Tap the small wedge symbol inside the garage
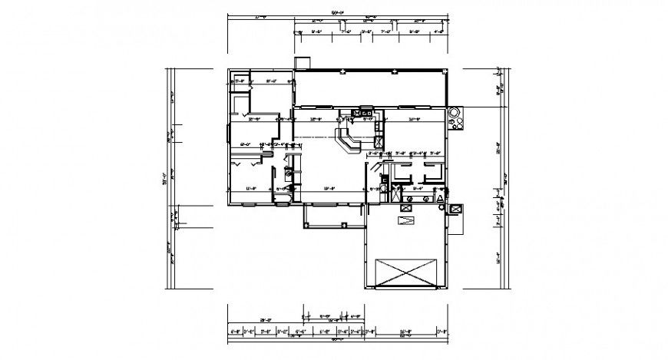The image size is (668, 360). (x=405, y=221)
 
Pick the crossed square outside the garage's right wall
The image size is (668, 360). (x=455, y=208)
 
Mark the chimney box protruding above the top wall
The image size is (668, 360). (x=303, y=63)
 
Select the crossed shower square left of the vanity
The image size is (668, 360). (x=395, y=195)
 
